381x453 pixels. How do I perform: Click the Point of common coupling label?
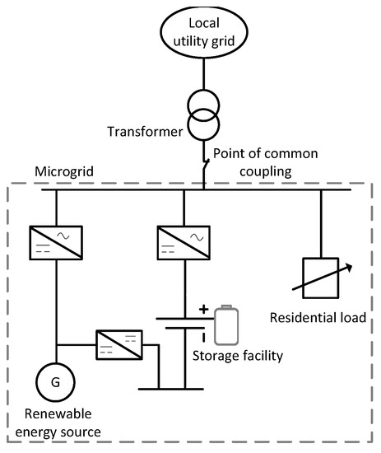coord(253,163)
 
